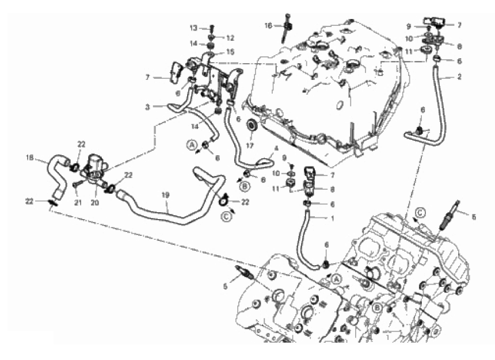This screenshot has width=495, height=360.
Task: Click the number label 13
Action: point(193,28)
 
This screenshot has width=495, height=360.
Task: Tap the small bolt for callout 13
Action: point(212,29)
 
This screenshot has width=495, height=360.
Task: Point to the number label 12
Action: point(230,38)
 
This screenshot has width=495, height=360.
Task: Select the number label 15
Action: point(230,52)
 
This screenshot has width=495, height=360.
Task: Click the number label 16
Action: point(268,25)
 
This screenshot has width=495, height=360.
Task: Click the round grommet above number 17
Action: point(252,125)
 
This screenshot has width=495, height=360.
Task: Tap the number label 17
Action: point(250,145)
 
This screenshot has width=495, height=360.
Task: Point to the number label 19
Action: point(165,195)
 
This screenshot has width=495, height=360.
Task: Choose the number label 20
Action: point(95,202)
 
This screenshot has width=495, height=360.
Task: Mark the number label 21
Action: point(78,202)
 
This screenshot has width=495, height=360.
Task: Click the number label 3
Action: point(147,108)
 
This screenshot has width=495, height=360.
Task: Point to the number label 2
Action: point(459,76)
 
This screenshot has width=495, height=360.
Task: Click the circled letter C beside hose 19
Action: point(226,216)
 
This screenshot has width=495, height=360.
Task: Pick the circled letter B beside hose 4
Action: point(245,186)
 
